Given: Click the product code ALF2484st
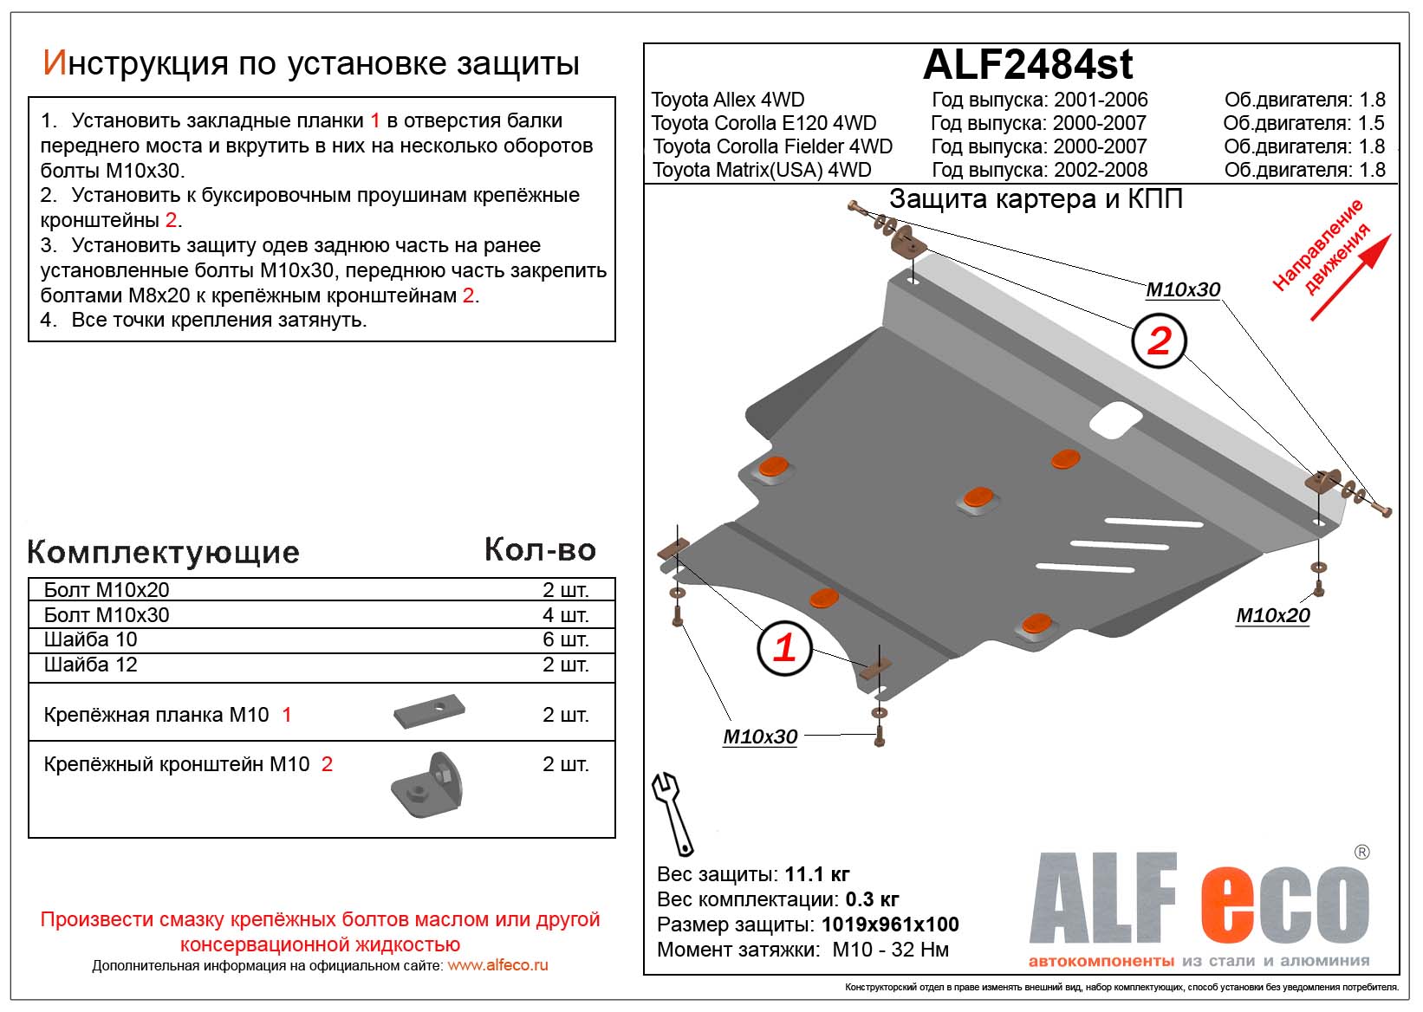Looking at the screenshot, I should [1028, 65].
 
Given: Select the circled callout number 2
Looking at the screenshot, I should [1159, 341].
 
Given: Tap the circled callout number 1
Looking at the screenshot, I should [783, 648].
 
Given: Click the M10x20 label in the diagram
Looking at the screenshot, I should [1272, 616].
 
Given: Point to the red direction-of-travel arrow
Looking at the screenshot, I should [1349, 278].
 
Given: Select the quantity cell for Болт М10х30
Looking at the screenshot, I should [565, 615].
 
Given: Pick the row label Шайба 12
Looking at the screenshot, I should [91, 665].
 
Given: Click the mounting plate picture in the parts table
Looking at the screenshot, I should [429, 713].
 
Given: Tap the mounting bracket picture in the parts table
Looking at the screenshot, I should [427, 785].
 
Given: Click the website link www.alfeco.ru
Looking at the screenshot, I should [497, 965].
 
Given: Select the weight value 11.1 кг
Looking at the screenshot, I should [816, 873].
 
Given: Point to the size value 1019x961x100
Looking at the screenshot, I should [890, 924].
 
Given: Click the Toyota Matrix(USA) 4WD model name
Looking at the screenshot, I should [762, 170].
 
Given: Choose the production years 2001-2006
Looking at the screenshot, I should [1100, 100].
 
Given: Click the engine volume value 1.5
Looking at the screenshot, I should [1372, 123].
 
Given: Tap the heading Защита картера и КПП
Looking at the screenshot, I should [1036, 199].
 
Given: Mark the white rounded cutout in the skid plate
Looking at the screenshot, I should [1115, 420].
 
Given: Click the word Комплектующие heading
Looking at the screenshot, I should [164, 552].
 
